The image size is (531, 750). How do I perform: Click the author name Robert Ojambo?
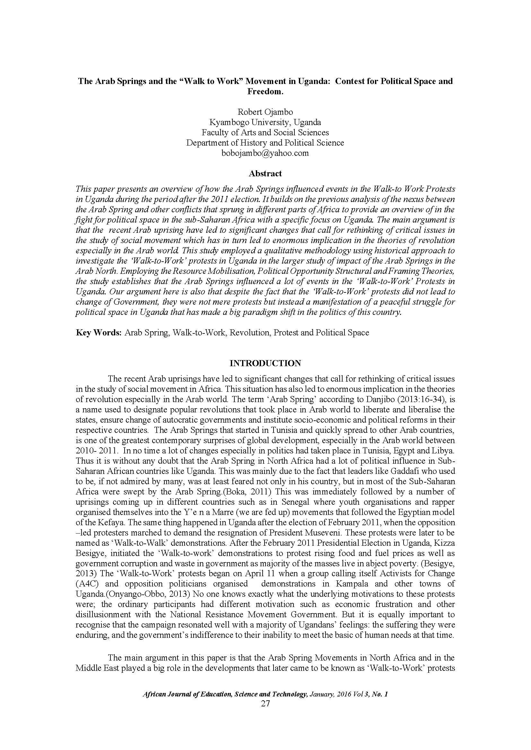pyautogui.click(x=265, y=112)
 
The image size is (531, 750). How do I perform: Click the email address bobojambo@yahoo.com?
pyautogui.click(x=265, y=153)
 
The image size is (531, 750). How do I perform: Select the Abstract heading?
pyautogui.click(x=265, y=173)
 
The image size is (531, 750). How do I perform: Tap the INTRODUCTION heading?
pyautogui.click(x=265, y=363)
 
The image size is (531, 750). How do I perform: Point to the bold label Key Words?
pyautogui.click(x=99, y=333)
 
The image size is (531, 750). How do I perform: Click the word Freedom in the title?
pyautogui.click(x=265, y=91)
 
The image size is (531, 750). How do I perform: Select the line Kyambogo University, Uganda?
pyautogui.click(x=265, y=122)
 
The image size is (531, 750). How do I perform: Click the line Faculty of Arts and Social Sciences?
pyautogui.click(x=265, y=132)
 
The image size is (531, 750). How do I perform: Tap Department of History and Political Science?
pyautogui.click(x=265, y=143)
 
